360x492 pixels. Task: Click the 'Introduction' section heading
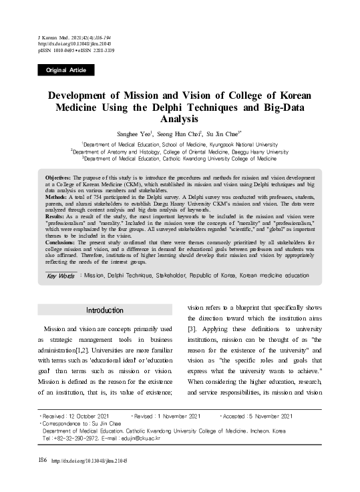tap(104, 310)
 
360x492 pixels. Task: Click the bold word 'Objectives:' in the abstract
tap(57, 179)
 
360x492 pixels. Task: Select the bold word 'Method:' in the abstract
tap(53, 198)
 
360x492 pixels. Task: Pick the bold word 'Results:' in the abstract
tap(53, 217)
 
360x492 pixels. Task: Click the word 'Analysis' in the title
tap(180, 119)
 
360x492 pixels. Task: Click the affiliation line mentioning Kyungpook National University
tap(180, 144)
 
